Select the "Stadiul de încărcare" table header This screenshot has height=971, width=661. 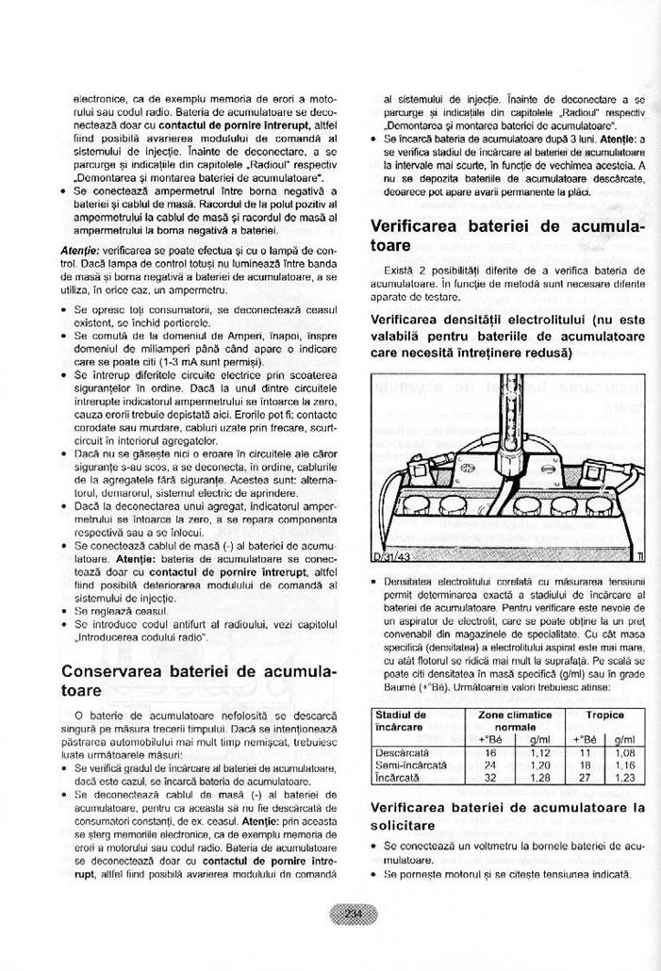(402, 721)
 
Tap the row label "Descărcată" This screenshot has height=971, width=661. (403, 752)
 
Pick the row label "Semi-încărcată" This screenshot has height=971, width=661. (410, 765)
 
